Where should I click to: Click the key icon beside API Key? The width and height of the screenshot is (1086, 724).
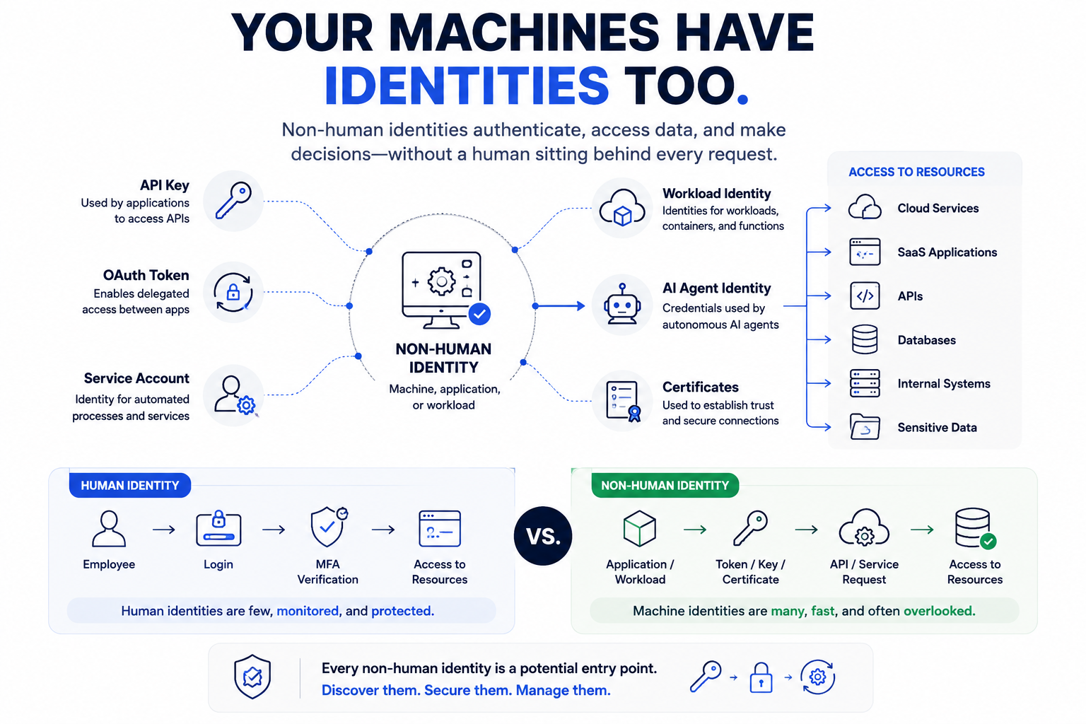(233, 200)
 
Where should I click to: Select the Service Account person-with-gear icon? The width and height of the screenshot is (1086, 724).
(235, 395)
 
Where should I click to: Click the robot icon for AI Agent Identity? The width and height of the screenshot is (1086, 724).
(622, 304)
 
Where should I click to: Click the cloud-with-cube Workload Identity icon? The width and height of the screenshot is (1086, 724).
(622, 208)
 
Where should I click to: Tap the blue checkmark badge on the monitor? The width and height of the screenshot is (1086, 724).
(479, 314)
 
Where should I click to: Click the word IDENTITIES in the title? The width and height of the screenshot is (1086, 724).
(467, 86)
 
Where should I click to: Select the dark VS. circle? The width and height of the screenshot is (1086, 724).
(543, 536)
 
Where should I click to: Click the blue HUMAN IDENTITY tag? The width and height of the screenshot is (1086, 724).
(130, 486)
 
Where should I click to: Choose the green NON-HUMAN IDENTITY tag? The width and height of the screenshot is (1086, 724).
(665, 486)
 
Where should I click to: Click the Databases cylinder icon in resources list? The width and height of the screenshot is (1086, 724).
(865, 339)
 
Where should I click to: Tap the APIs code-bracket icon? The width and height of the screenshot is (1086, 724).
(865, 296)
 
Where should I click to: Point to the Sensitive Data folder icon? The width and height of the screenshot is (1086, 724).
(865, 427)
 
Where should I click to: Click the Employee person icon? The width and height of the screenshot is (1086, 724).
(109, 529)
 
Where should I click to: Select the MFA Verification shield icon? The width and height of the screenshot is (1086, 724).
(329, 527)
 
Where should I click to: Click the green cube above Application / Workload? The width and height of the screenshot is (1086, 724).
(639, 529)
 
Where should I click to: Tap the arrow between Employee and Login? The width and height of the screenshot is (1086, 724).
(164, 530)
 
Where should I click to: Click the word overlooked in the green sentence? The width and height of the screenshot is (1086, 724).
(939, 611)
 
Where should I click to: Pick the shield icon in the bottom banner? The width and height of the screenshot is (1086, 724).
(252, 677)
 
